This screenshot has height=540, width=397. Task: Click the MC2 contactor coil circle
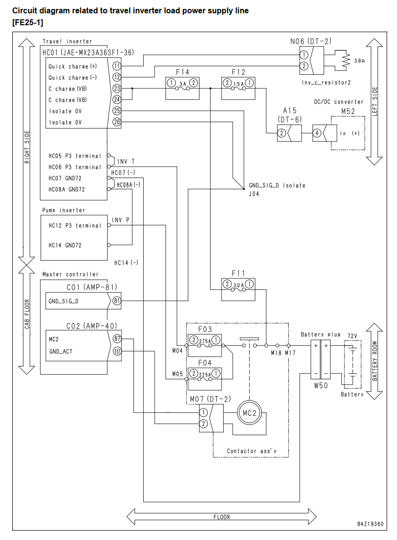click(249, 413)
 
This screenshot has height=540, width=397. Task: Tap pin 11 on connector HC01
click(117, 66)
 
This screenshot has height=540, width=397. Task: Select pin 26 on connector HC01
click(117, 122)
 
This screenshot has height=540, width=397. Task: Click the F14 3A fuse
click(182, 88)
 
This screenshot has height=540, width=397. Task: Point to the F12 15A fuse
click(238, 88)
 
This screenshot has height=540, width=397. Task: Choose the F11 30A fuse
click(238, 290)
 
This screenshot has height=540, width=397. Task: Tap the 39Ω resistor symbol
click(345, 60)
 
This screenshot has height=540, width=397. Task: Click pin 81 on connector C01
click(117, 301)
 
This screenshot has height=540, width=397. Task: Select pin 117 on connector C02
click(117, 351)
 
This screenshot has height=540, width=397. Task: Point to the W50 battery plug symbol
click(320, 359)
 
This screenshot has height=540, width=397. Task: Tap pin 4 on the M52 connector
click(317, 133)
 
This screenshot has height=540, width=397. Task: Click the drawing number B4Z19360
click(370, 524)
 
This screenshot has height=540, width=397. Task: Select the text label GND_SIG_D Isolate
click(277, 185)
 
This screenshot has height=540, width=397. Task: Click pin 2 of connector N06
click(303, 66)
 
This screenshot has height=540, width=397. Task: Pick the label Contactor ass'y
click(251, 451)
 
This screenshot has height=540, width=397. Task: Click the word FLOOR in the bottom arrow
click(222, 517)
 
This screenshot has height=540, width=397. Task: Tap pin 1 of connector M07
click(203, 412)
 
